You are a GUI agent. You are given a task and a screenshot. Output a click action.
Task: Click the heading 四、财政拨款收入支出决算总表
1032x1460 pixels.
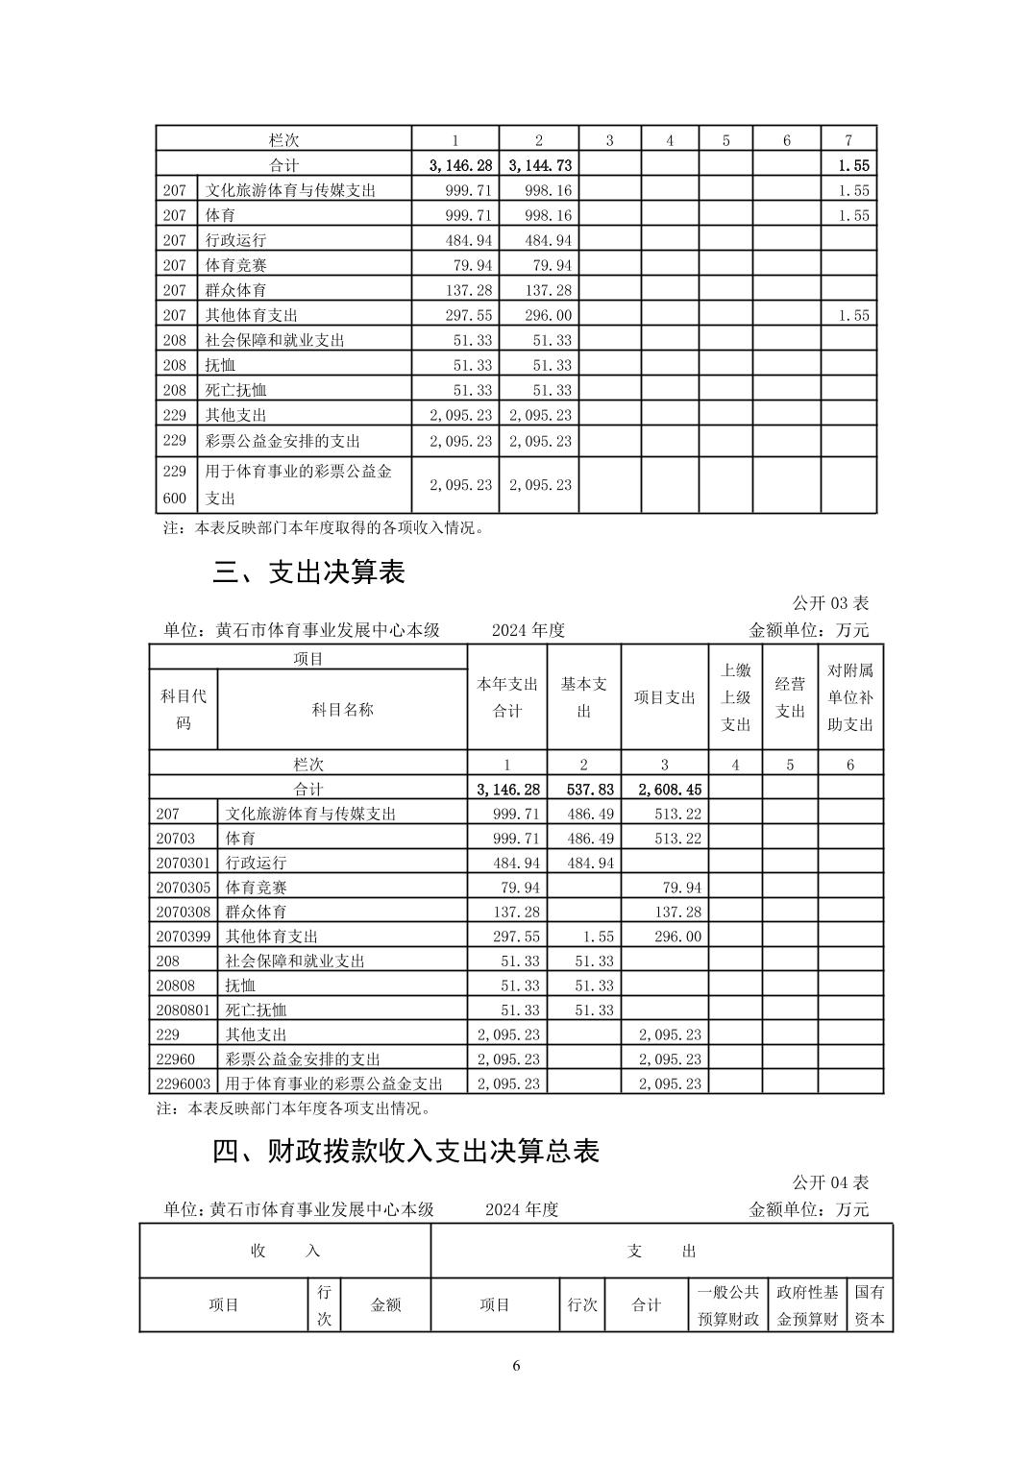point(405,1152)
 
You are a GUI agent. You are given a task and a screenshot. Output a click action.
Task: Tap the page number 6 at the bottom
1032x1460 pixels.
point(516,1366)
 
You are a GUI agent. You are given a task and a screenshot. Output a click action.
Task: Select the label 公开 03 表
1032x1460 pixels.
point(830,603)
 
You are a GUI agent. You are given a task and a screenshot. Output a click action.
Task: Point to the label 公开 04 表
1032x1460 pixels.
point(830,1182)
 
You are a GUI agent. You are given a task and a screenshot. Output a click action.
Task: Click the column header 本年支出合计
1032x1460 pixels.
point(507,697)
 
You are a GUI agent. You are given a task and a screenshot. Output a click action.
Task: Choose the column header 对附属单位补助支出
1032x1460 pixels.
point(850,697)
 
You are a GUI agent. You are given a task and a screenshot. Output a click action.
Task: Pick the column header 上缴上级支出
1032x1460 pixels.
point(735,697)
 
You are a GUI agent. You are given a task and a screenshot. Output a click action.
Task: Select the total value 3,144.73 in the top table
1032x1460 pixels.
point(539,165)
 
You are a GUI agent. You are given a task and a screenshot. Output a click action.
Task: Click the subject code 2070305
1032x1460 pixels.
point(183,888)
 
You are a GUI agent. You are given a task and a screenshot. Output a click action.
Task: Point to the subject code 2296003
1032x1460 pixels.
point(183,1083)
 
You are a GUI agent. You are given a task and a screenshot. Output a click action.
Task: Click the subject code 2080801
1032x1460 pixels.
point(183,1010)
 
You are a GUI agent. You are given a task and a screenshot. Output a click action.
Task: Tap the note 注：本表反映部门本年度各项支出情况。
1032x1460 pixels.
point(293,1108)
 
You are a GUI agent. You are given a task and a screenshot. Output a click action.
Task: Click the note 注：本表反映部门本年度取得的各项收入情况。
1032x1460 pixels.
point(324,528)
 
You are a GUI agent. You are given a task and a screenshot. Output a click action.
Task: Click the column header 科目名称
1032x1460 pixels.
point(342,710)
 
